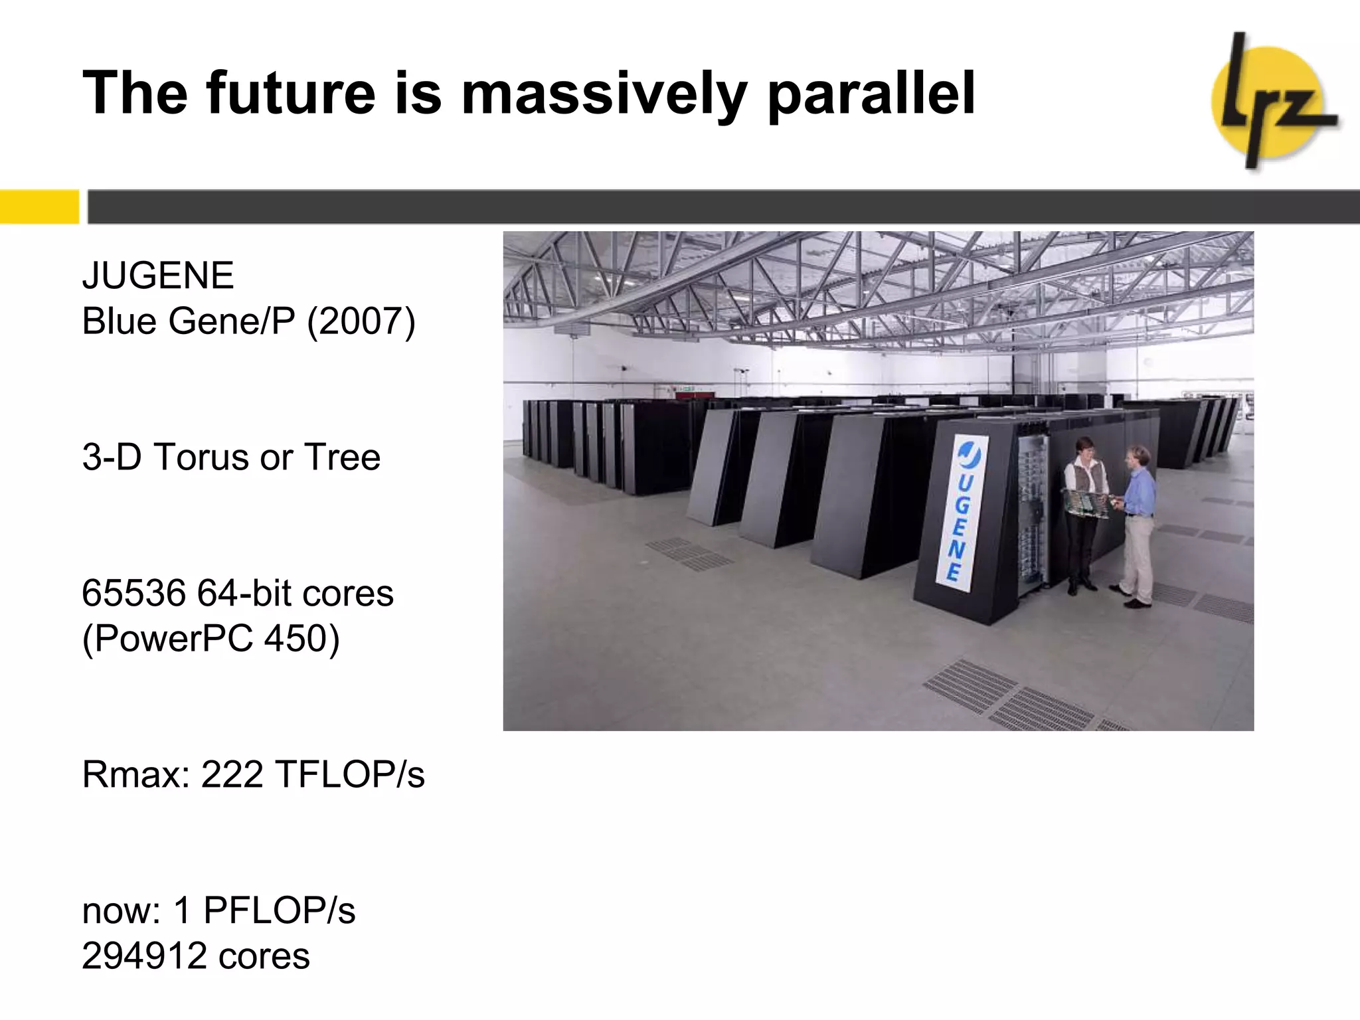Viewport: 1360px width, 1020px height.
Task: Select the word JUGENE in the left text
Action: [158, 276]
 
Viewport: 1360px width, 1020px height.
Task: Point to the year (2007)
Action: [361, 321]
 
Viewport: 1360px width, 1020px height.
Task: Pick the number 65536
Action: [133, 593]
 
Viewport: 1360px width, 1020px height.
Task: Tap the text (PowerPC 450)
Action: [211, 639]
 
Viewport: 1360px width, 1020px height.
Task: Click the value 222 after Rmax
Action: [232, 774]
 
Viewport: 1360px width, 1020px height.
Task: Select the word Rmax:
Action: [136, 774]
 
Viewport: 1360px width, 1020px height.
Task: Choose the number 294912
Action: [143, 956]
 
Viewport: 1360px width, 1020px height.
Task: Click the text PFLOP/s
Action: [279, 910]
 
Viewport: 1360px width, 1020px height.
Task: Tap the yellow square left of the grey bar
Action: [39, 207]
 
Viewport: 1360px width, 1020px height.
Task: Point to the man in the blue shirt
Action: [1137, 525]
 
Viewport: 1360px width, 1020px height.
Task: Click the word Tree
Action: [342, 458]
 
